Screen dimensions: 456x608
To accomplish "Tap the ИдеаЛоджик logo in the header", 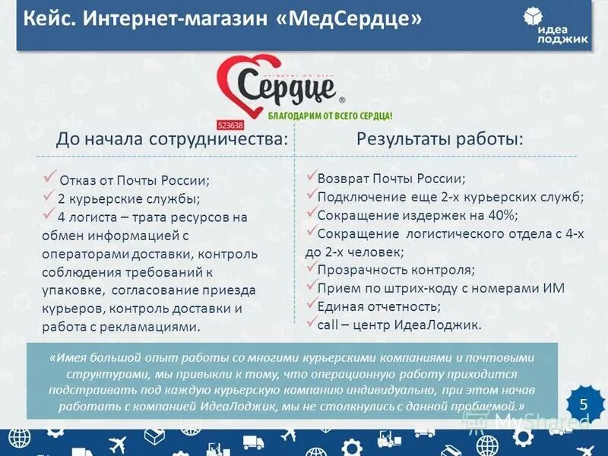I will [556, 27].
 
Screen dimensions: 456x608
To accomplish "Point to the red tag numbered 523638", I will [230, 125].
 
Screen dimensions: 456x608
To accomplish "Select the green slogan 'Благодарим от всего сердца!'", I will [330, 117].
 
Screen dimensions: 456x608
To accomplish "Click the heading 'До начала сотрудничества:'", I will [173, 140].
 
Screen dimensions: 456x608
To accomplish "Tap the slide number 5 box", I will [584, 404].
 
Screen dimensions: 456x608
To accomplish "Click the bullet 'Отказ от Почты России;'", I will [133, 181].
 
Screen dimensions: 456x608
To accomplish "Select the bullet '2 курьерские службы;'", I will [128, 199].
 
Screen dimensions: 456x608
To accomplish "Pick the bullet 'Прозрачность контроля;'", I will [395, 270].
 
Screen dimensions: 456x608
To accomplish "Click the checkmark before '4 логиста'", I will [50, 215].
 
